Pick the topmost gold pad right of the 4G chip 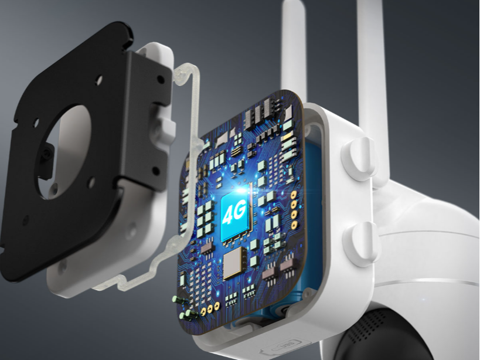pos(294,194)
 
